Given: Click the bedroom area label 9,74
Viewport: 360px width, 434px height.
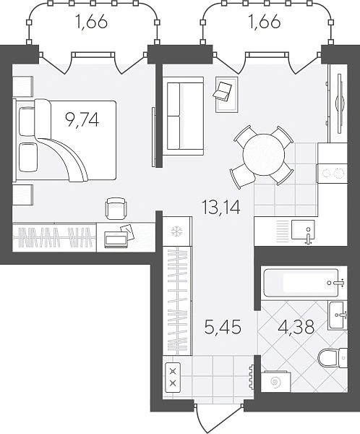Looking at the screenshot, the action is point(82,121).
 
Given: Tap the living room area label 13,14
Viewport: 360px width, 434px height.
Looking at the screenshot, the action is point(221,208).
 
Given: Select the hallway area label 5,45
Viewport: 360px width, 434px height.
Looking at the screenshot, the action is point(223,327).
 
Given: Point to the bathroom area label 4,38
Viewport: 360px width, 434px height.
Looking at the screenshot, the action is point(296,327).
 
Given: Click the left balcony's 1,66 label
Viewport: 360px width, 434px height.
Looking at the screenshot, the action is point(91,22).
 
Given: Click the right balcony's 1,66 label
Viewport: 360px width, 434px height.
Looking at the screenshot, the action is point(265,22).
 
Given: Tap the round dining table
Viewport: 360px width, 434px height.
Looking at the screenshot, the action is point(264,155).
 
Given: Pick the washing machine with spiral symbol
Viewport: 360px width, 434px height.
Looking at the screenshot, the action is point(275,382).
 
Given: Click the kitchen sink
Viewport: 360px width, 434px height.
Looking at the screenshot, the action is point(303,229).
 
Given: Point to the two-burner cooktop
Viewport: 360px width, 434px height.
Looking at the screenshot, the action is point(332,174).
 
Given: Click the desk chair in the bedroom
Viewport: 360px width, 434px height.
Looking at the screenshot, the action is point(116,208).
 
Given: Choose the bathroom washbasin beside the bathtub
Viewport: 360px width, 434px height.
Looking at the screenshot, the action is point(338,315).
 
